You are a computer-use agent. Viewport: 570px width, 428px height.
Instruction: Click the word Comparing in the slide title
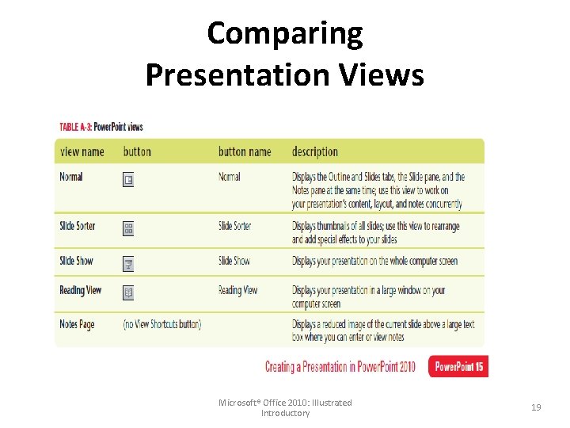click(285, 33)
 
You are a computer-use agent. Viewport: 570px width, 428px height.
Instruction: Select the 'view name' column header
click(82, 151)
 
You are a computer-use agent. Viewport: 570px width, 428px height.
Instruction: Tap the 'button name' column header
click(245, 151)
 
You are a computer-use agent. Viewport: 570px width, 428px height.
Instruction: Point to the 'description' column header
click(314, 151)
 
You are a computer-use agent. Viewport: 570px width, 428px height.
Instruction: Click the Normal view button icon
click(128, 180)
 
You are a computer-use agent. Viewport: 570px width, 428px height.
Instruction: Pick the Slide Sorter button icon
click(128, 229)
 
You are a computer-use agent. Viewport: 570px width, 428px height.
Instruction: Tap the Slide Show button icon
click(128, 264)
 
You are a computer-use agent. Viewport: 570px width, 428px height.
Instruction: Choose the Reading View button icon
click(128, 293)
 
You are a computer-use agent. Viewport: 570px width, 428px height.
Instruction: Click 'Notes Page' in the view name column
click(77, 324)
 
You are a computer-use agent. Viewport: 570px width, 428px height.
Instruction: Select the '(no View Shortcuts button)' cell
click(162, 324)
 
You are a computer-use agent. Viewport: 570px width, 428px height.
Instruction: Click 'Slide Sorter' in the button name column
click(234, 226)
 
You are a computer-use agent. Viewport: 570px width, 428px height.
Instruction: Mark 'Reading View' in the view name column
click(80, 290)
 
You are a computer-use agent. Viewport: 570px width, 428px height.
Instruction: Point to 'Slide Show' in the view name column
click(75, 261)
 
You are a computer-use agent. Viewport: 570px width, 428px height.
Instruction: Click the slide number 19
click(536, 407)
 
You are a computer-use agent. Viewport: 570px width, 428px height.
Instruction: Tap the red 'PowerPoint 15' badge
click(458, 366)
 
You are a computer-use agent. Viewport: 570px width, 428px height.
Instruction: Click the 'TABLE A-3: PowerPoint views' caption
click(101, 127)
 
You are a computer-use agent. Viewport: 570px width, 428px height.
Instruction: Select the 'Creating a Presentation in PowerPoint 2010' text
click(340, 367)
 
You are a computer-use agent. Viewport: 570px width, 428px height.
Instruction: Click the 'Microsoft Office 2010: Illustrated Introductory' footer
click(285, 407)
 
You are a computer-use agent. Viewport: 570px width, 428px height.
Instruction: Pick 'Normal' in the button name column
click(230, 177)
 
